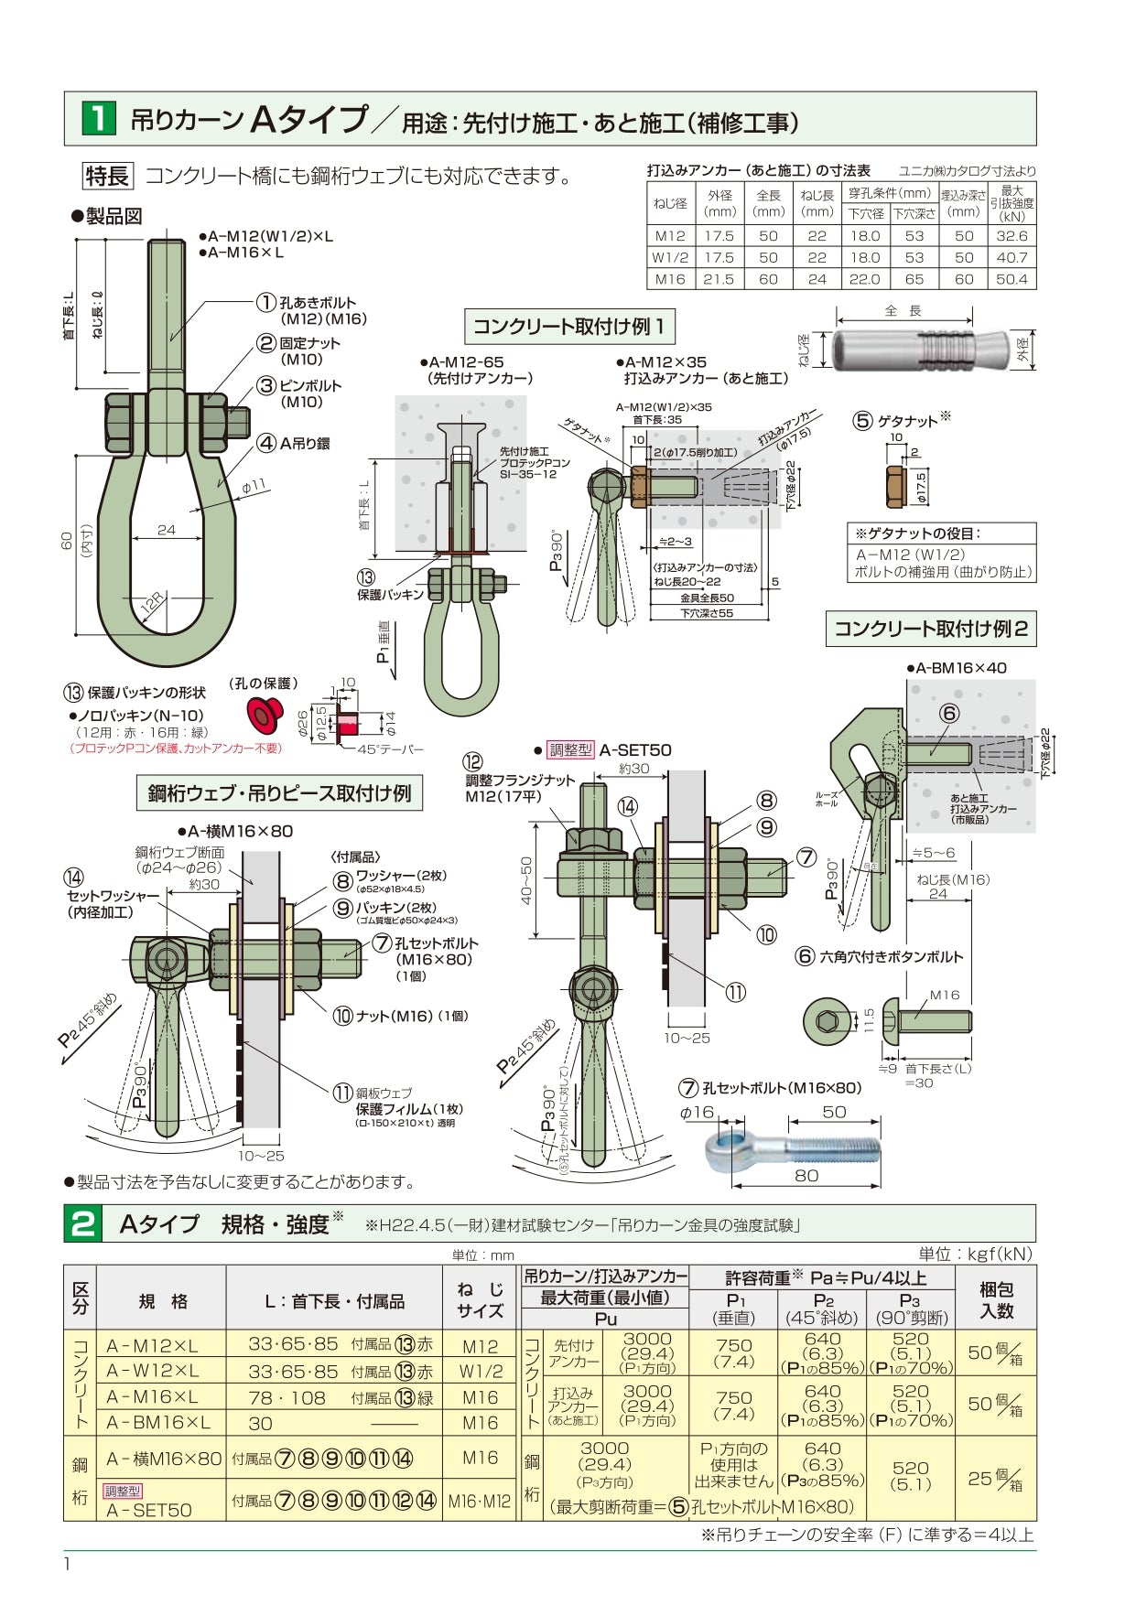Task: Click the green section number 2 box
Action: pyautogui.click(x=83, y=1223)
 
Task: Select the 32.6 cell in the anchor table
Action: pyautogui.click(x=1012, y=236)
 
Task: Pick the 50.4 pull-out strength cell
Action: pyautogui.click(x=1012, y=280)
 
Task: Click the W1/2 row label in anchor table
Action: pyautogui.click(x=670, y=258)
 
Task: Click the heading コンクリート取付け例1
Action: pyautogui.click(x=569, y=327)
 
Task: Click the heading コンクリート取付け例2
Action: pyautogui.click(x=931, y=629)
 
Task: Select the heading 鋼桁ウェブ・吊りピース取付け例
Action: pyautogui.click(x=279, y=793)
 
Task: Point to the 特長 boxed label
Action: pyautogui.click(x=108, y=176)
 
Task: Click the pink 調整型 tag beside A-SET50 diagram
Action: pyautogui.click(x=570, y=750)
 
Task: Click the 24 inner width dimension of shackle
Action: pyautogui.click(x=166, y=530)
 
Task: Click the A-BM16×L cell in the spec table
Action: pyautogui.click(x=158, y=1423)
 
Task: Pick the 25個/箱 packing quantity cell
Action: pyautogui.click(x=995, y=1478)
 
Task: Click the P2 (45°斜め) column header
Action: pyautogui.click(x=822, y=1309)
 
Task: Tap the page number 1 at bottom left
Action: pyautogui.click(x=67, y=1563)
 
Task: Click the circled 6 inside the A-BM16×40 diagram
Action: pyautogui.click(x=949, y=713)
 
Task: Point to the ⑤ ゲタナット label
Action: pyautogui.click(x=902, y=421)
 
